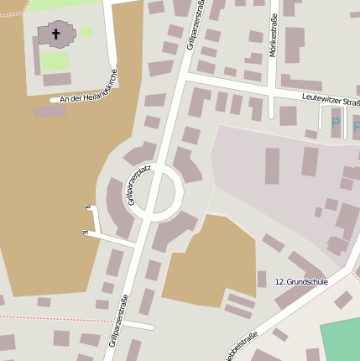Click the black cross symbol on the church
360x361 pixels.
pos(57,34)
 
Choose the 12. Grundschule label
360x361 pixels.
pos(301,282)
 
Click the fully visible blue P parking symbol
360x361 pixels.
pos(336,123)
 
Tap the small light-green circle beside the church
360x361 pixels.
pos(86,32)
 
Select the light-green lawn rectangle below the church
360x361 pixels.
pos(55,61)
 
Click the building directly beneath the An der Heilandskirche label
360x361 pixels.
pos(50,111)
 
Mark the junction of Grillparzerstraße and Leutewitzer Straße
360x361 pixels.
pos(185,77)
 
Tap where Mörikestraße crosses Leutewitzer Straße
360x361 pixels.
pos(271,90)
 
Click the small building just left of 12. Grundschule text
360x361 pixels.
pos(262,279)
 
